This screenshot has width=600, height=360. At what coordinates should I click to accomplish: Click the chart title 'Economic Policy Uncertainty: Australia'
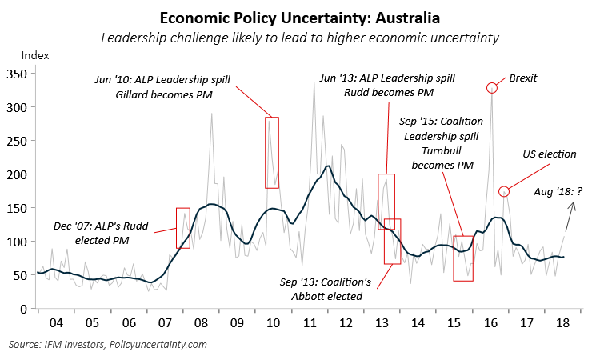point(299,17)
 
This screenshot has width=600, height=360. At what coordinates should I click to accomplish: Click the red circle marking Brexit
point(492,87)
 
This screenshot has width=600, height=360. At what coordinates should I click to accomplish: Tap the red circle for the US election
point(504,191)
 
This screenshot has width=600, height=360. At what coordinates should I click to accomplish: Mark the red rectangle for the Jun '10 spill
point(272,152)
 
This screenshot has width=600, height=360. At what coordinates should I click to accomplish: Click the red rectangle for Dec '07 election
point(183,228)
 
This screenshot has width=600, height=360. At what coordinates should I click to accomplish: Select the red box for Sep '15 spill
point(463,258)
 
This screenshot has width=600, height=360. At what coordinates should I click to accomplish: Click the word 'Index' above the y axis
point(34,55)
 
